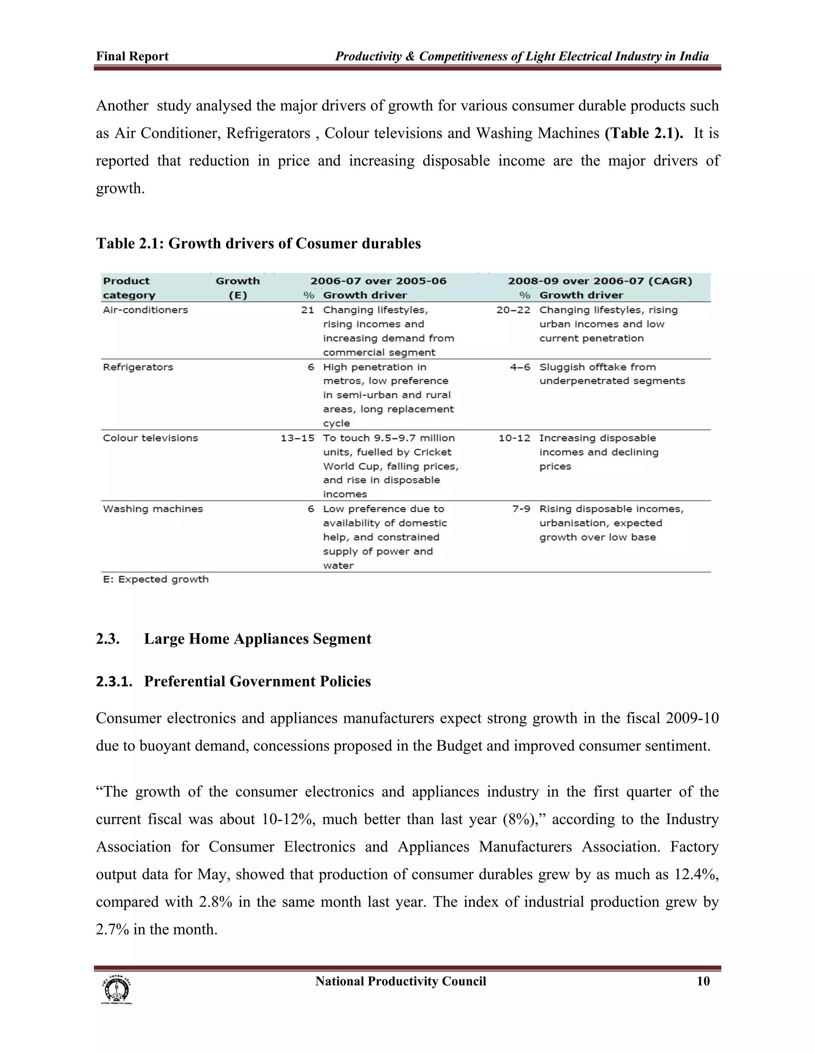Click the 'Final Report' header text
132,56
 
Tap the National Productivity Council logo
116,990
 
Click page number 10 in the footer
703,981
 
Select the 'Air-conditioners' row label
145,310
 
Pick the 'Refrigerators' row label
138,367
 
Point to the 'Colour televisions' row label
150,438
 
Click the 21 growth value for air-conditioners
308,310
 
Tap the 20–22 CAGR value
513,310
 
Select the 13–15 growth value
297,438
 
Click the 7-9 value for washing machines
521,509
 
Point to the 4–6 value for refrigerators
520,367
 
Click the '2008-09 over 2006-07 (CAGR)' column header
600,281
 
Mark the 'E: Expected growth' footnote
156,579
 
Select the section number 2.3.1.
114,681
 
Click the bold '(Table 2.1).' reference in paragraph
643,133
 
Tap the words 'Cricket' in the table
432,452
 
